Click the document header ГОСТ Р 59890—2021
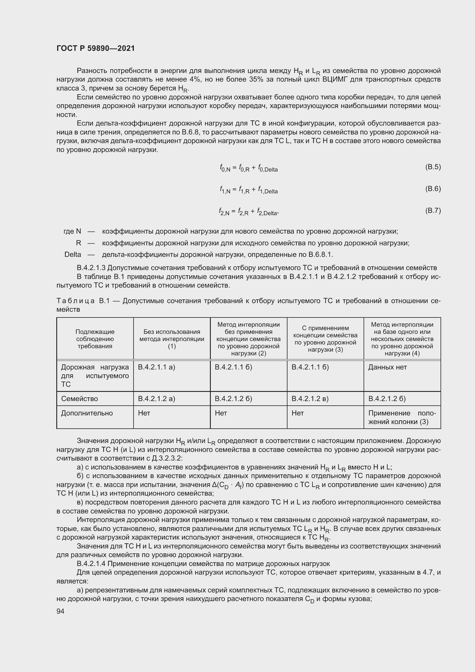96,48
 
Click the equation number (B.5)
432,167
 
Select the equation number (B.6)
432,189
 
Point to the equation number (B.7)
432,211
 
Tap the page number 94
61,611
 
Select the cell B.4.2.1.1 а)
157,367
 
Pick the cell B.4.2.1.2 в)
310,399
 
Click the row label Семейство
80,399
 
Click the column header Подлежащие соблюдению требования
95,339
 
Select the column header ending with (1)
172,339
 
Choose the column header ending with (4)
402,339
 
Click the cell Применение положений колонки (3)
402,417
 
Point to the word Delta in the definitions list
73,254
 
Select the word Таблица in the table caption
75,301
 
